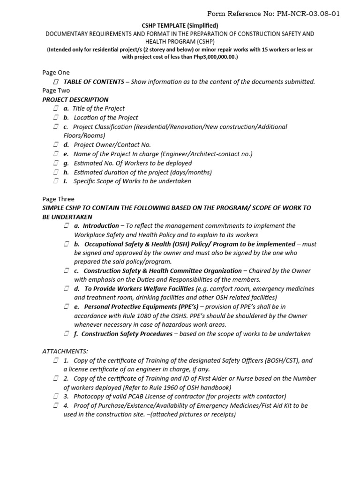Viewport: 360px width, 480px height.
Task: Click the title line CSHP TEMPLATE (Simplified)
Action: (x=180, y=25)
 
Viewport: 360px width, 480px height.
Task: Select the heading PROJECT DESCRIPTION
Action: (x=75, y=99)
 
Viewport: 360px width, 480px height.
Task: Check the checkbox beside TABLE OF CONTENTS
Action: (x=56, y=82)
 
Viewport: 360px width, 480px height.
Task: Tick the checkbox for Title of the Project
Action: (x=56, y=109)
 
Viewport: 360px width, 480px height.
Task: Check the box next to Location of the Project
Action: (x=56, y=118)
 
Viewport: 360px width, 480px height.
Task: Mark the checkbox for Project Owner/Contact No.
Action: (x=56, y=145)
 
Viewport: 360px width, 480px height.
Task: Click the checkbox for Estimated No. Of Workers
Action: (x=56, y=163)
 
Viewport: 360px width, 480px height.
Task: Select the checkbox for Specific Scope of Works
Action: (x=56, y=181)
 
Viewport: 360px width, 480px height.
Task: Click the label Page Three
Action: (x=58, y=199)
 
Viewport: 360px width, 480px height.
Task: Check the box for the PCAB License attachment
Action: (x=56, y=397)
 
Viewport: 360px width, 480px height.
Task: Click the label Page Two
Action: (x=56, y=90)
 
